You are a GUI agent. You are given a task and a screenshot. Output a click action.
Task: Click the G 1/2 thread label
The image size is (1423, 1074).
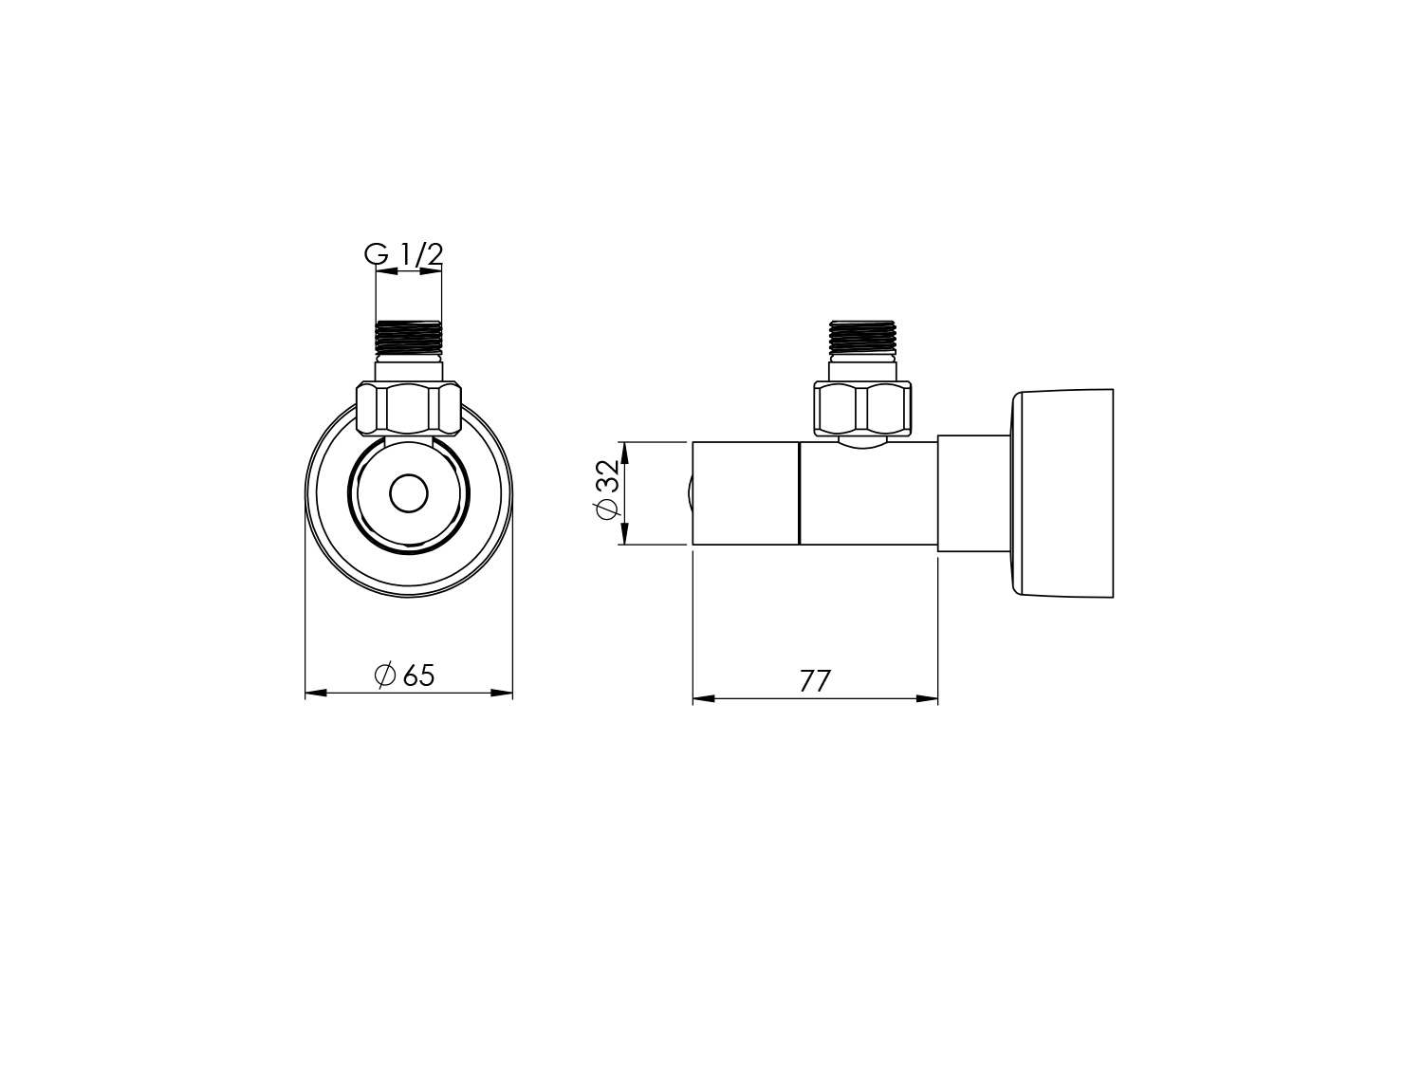(x=403, y=254)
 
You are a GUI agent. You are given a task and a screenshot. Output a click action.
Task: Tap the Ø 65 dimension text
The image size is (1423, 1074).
(x=404, y=676)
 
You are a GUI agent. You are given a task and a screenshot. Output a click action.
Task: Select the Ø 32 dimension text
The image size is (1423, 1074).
(x=607, y=490)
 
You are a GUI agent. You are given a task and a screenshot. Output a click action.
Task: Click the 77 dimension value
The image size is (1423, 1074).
(x=815, y=680)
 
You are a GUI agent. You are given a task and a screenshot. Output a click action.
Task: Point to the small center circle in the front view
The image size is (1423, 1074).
(x=409, y=494)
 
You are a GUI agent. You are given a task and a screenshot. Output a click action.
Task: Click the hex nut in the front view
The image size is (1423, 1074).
(x=409, y=408)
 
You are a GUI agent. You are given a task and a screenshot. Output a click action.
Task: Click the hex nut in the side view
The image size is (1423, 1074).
(x=862, y=408)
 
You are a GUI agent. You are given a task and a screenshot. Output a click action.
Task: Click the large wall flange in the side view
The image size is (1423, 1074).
(x=1062, y=493)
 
